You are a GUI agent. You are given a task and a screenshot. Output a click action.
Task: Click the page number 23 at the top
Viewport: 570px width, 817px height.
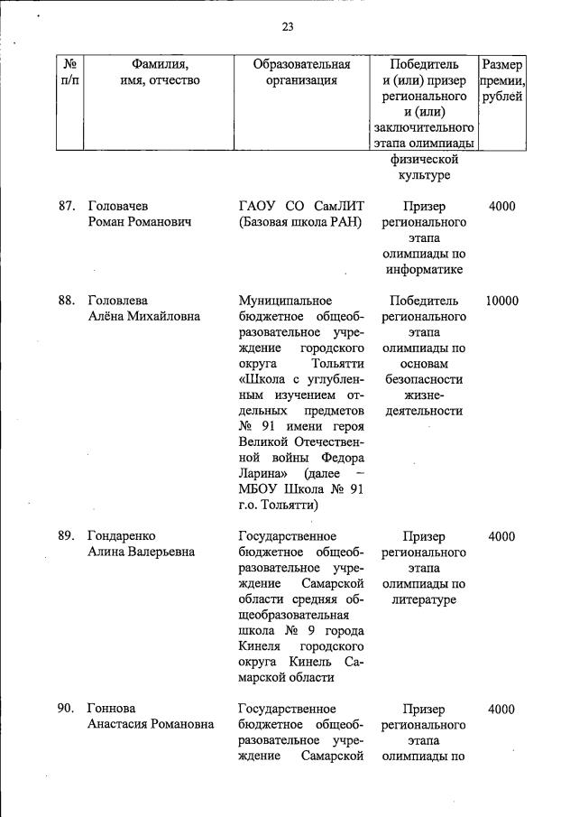click(288, 26)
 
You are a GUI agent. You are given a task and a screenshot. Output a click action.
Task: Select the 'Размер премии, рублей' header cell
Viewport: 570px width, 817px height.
click(502, 80)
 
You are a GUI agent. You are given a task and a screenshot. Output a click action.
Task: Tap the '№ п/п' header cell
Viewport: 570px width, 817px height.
click(69, 72)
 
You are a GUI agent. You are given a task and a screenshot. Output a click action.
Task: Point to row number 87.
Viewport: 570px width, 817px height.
click(66, 206)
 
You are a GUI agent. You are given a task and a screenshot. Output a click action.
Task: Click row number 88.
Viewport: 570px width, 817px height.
click(66, 301)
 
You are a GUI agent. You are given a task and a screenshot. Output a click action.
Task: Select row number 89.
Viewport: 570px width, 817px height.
click(66, 536)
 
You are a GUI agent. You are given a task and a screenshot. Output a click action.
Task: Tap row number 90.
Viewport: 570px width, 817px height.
click(66, 710)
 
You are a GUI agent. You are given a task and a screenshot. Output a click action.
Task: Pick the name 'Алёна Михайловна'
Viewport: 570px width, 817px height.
click(143, 317)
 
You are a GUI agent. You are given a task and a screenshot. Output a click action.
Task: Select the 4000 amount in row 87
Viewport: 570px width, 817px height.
click(501, 206)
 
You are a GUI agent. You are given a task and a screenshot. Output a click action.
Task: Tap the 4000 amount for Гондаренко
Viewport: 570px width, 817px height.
click(501, 536)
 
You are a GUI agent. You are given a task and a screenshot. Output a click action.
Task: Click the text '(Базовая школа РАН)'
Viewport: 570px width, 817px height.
click(299, 222)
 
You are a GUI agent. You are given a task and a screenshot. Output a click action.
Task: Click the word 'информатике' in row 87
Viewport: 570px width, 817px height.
click(424, 269)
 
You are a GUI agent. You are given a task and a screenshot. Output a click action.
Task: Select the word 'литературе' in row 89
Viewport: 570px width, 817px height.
click(424, 599)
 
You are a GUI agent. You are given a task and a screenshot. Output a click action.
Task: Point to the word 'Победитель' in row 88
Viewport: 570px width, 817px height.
click(424, 301)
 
